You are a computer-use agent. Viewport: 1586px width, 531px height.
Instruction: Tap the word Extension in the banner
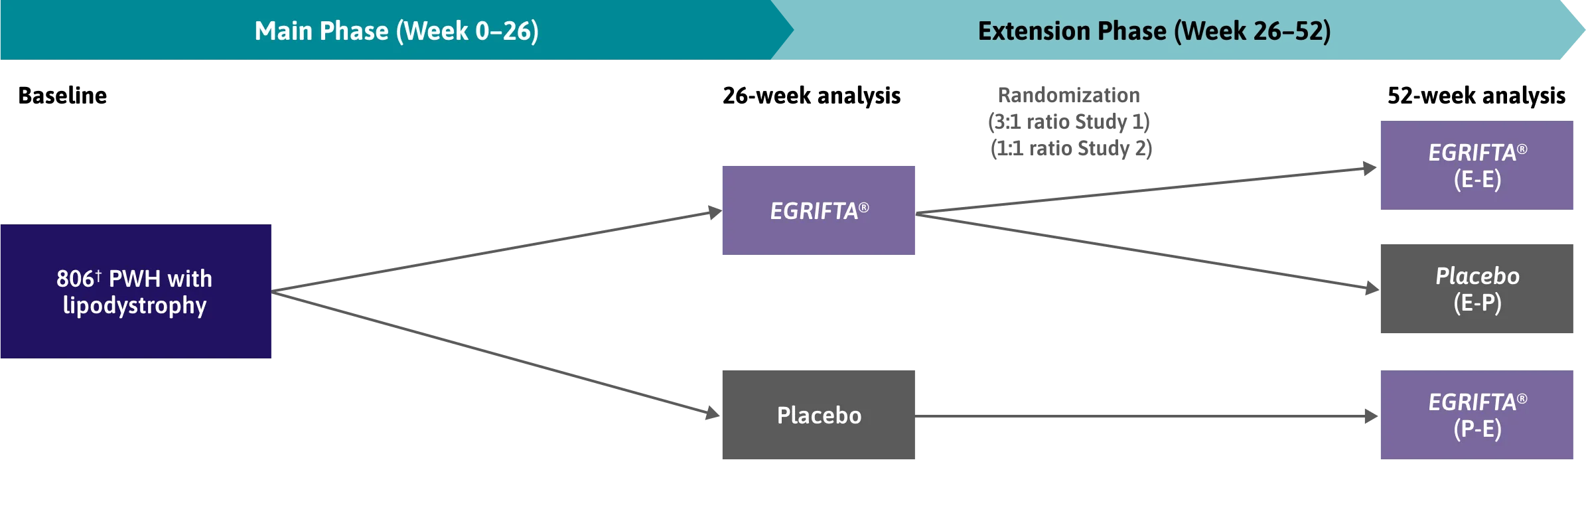pyautogui.click(x=1071, y=31)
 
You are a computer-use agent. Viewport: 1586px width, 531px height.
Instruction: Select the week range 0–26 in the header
pyautogui.click(x=505, y=31)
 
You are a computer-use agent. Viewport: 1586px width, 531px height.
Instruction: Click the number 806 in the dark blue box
pyautogui.click(x=75, y=279)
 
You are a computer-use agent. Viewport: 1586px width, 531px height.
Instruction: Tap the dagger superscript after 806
pyautogui.click(x=98, y=274)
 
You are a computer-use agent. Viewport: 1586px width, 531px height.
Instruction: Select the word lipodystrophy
pyautogui.click(x=135, y=305)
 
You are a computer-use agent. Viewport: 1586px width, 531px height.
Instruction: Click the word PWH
pyautogui.click(x=134, y=279)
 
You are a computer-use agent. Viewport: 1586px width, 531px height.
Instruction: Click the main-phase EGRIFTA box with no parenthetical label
pyautogui.click(x=820, y=210)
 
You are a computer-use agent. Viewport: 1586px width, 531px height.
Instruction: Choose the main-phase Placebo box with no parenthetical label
pyautogui.click(x=820, y=414)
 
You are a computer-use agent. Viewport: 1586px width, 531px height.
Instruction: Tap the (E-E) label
pyautogui.click(x=1477, y=180)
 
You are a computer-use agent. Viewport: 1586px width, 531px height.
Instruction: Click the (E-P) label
pyautogui.click(x=1477, y=303)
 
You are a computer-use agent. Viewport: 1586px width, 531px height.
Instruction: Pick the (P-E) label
pyautogui.click(x=1477, y=429)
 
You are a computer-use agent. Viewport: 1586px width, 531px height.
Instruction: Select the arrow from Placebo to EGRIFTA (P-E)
pyautogui.click(x=1148, y=416)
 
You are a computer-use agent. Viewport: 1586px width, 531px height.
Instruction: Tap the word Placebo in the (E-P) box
pyautogui.click(x=1477, y=276)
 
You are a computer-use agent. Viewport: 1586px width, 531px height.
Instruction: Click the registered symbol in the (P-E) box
pyautogui.click(x=1522, y=399)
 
